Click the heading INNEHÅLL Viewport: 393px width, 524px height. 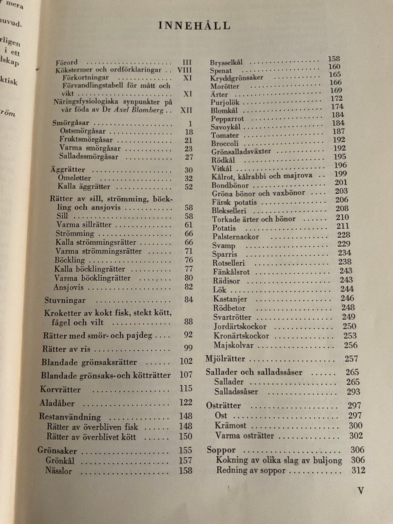coord(194,26)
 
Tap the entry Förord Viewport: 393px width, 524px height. coord(67,63)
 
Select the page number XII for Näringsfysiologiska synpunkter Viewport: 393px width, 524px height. coord(186,110)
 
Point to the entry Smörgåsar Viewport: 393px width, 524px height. coord(71,123)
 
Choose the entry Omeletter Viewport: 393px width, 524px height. coord(75,178)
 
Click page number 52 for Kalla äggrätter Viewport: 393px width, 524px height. coord(188,187)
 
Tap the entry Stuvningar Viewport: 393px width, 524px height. coord(65,300)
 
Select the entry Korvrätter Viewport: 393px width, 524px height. coord(60,389)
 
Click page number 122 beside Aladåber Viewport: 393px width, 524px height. coord(185,402)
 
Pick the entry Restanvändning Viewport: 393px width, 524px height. coord(70,417)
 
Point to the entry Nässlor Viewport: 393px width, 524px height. coord(59,471)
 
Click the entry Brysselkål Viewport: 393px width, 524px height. coord(226,63)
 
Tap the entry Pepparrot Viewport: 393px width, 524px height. coord(227,119)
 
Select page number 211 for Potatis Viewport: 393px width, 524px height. coord(343,226)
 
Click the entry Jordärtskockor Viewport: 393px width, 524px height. coord(240,327)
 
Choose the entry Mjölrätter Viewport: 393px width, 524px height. coord(225,359)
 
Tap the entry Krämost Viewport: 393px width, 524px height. coord(230,425)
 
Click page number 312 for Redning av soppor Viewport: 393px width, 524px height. coord(358,470)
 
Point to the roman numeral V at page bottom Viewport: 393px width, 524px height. coord(361,490)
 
